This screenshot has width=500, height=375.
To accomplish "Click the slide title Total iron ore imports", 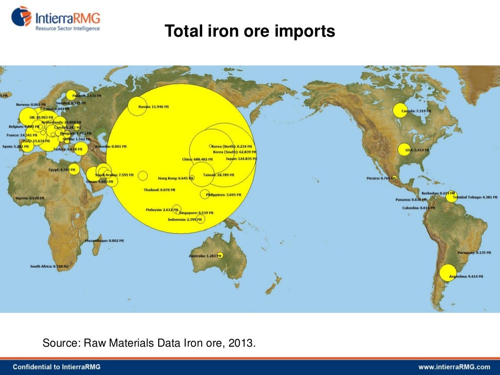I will (x=250, y=32).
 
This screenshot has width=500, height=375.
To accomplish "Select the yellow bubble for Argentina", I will (x=448, y=272).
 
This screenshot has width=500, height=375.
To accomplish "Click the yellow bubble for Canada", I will (x=400, y=111).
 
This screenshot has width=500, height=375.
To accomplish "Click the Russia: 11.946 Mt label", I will (x=153, y=106).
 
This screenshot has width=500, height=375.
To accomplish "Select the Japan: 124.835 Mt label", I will (x=241, y=159).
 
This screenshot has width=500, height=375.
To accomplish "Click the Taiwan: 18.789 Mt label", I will (x=218, y=174).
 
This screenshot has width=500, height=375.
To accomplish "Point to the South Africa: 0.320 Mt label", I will (x=49, y=267).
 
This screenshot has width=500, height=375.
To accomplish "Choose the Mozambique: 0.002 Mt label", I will (x=104, y=241).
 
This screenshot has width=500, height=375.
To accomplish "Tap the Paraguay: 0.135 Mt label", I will (x=474, y=252).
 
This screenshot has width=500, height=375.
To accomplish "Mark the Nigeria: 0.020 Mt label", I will (x=30, y=198).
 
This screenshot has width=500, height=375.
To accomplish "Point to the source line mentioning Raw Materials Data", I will (x=149, y=343).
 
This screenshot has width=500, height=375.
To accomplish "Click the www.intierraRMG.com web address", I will (x=454, y=367).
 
